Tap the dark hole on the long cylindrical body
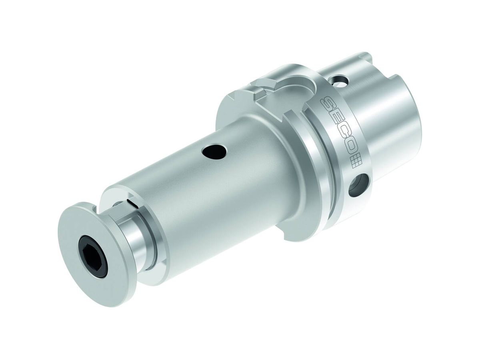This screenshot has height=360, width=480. (214, 151)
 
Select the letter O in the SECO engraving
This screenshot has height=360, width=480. (349, 148)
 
